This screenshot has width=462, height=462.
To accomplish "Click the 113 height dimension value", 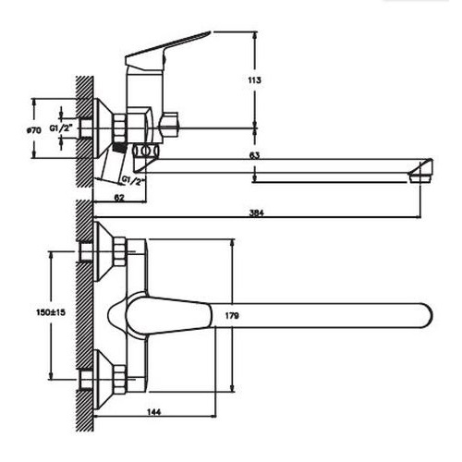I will tap(254, 81).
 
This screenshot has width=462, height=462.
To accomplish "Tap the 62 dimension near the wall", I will tap(120, 198).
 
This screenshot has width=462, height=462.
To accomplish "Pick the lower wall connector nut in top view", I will tap(118, 377).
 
